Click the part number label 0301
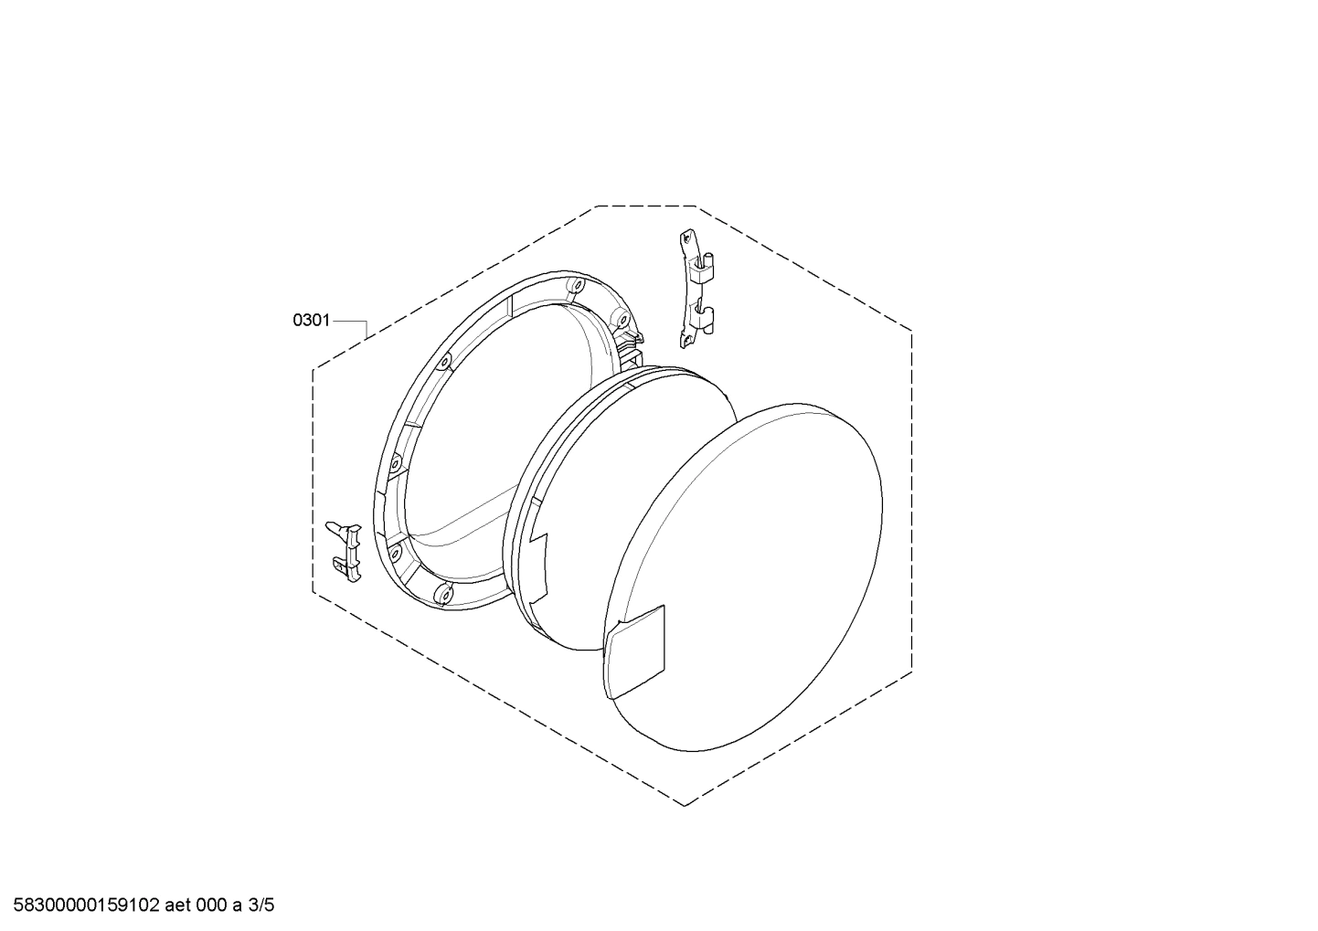point(311,321)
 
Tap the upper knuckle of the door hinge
point(705,267)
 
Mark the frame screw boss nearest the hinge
point(618,319)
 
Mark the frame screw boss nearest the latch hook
point(394,551)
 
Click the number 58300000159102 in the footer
point(87,906)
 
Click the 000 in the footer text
point(213,906)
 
